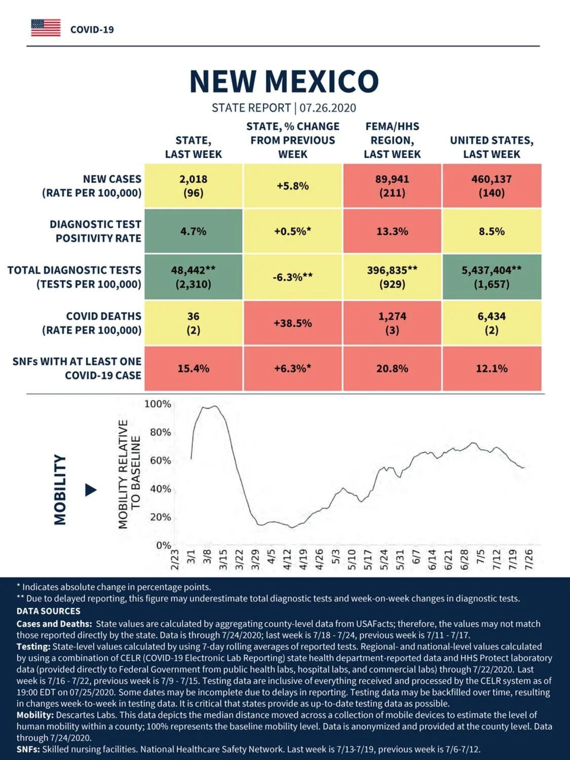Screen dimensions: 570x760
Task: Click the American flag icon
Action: [x=46, y=28]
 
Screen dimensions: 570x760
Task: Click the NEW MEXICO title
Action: [x=284, y=82]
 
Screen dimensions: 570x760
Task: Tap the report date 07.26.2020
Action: [x=328, y=108]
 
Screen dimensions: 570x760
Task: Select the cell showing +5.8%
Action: [x=292, y=186]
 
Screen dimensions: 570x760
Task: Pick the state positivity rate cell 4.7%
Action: [x=194, y=231]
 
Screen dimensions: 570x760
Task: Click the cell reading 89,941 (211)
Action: [x=392, y=186]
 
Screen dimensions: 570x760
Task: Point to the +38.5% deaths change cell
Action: [x=292, y=323]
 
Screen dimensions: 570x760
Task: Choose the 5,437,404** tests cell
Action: [x=492, y=277]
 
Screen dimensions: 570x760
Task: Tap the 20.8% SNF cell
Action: [x=392, y=368]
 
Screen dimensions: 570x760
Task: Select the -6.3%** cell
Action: [x=292, y=277]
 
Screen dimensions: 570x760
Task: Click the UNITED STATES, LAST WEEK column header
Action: [x=492, y=147]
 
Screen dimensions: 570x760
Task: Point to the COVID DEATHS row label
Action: [x=92, y=323]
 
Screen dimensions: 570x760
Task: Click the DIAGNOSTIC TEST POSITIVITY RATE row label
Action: [x=96, y=231]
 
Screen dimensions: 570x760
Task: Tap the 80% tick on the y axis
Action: [x=161, y=432]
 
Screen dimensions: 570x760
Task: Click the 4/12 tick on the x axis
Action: [x=287, y=559]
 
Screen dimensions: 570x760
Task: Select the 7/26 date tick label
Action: [x=529, y=559]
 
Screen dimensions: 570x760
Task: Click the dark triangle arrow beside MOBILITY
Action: [x=91, y=490]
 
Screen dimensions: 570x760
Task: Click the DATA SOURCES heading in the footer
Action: [x=49, y=611]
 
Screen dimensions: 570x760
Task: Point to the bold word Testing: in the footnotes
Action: [x=33, y=647]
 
